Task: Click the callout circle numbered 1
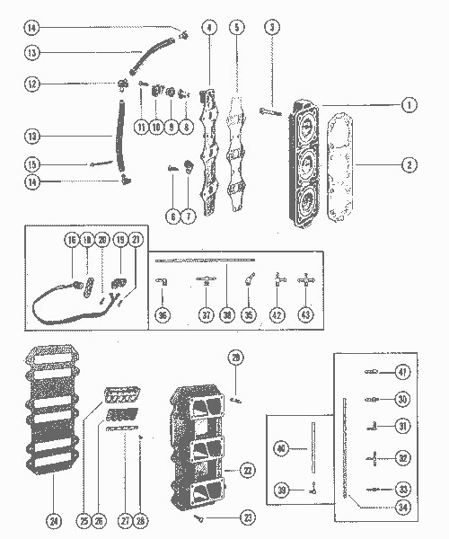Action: pos(409,105)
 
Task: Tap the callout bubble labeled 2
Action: pos(409,165)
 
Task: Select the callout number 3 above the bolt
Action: pos(271,28)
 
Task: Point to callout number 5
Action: pos(236,28)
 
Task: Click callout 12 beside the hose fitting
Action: pos(31,84)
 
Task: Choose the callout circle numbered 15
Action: pos(31,164)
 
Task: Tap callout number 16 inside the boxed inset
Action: pos(71,242)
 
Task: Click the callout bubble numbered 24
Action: pos(53,518)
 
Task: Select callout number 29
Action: pos(236,358)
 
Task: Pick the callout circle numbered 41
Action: pos(402,371)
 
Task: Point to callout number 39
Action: pos(283,490)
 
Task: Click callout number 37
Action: pos(207,314)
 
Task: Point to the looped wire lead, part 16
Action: pos(54,301)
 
